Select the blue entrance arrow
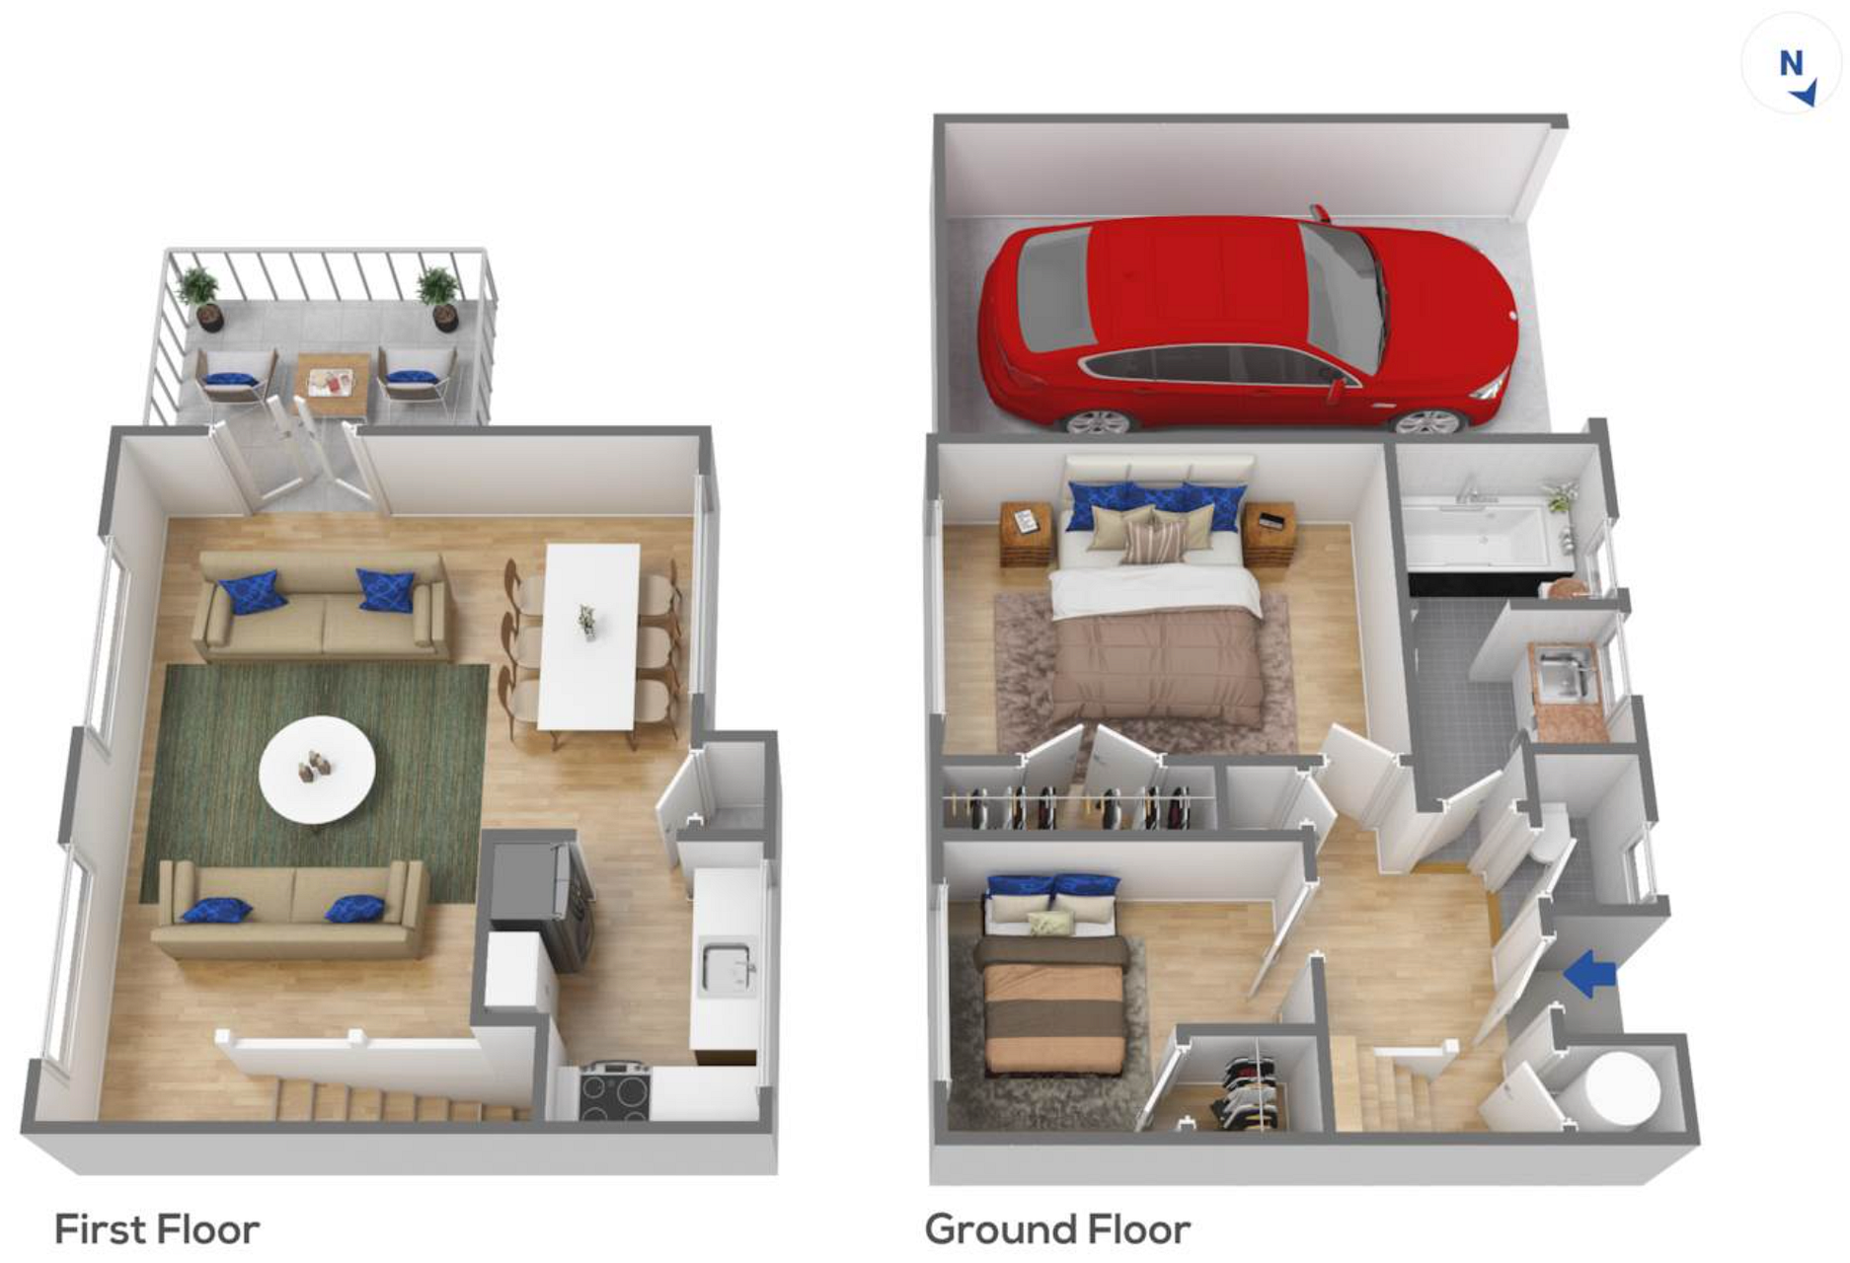(1589, 973)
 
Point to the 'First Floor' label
(157, 1229)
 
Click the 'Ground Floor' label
(1057, 1229)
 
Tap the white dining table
(590, 636)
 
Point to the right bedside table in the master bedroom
(1270, 534)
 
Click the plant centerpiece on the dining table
(587, 622)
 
